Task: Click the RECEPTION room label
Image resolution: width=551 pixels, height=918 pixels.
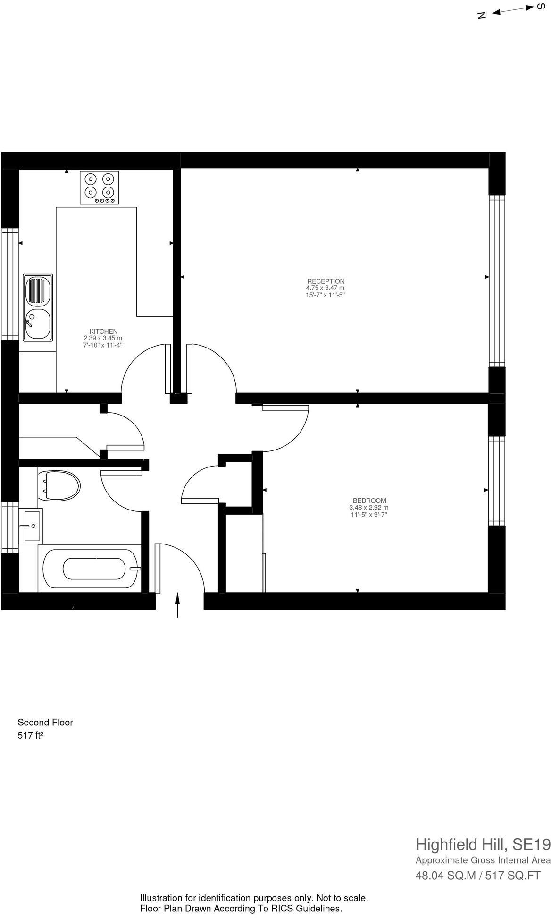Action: pos(326,281)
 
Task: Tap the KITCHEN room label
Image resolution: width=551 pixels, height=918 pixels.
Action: pos(103,331)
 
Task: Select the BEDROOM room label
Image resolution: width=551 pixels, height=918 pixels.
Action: pos(369,501)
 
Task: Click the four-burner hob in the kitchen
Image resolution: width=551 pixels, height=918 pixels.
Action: pos(99,187)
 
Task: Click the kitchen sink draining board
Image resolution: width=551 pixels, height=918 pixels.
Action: pos(38,290)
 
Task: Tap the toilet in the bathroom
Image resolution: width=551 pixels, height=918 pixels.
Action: pos(59,485)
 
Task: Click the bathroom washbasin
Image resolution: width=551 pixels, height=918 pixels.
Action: pos(31,525)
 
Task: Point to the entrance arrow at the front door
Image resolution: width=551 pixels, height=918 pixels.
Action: pos(177,605)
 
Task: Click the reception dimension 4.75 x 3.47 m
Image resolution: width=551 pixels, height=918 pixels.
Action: pos(325,288)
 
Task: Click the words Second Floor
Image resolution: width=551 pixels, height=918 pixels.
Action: pos(45,722)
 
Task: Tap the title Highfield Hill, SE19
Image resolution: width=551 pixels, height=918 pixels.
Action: pos(483,844)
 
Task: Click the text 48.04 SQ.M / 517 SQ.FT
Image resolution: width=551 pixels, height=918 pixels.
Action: pos(477,875)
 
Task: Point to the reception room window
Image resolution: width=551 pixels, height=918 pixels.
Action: pos(497,281)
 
